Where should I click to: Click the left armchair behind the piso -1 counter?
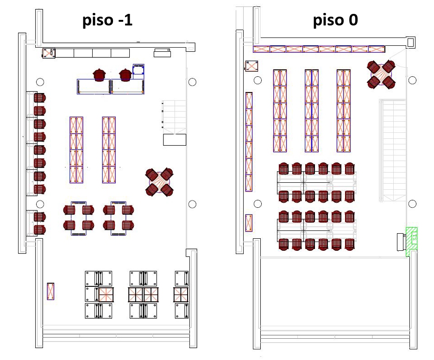point(99,74)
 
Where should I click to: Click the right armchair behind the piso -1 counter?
point(125,74)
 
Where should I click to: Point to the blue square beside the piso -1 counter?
point(139,70)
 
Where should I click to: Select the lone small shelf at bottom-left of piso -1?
point(50,291)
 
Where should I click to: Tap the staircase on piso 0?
point(392,150)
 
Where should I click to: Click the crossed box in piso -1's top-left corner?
point(49,53)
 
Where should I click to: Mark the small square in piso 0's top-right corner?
point(410,42)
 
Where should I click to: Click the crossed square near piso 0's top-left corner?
point(252,66)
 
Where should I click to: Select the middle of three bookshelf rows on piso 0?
point(312,110)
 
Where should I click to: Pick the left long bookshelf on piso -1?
point(76,149)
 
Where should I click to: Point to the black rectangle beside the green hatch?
point(401,242)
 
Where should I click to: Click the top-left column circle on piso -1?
point(40,82)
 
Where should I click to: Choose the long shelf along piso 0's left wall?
point(249,142)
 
